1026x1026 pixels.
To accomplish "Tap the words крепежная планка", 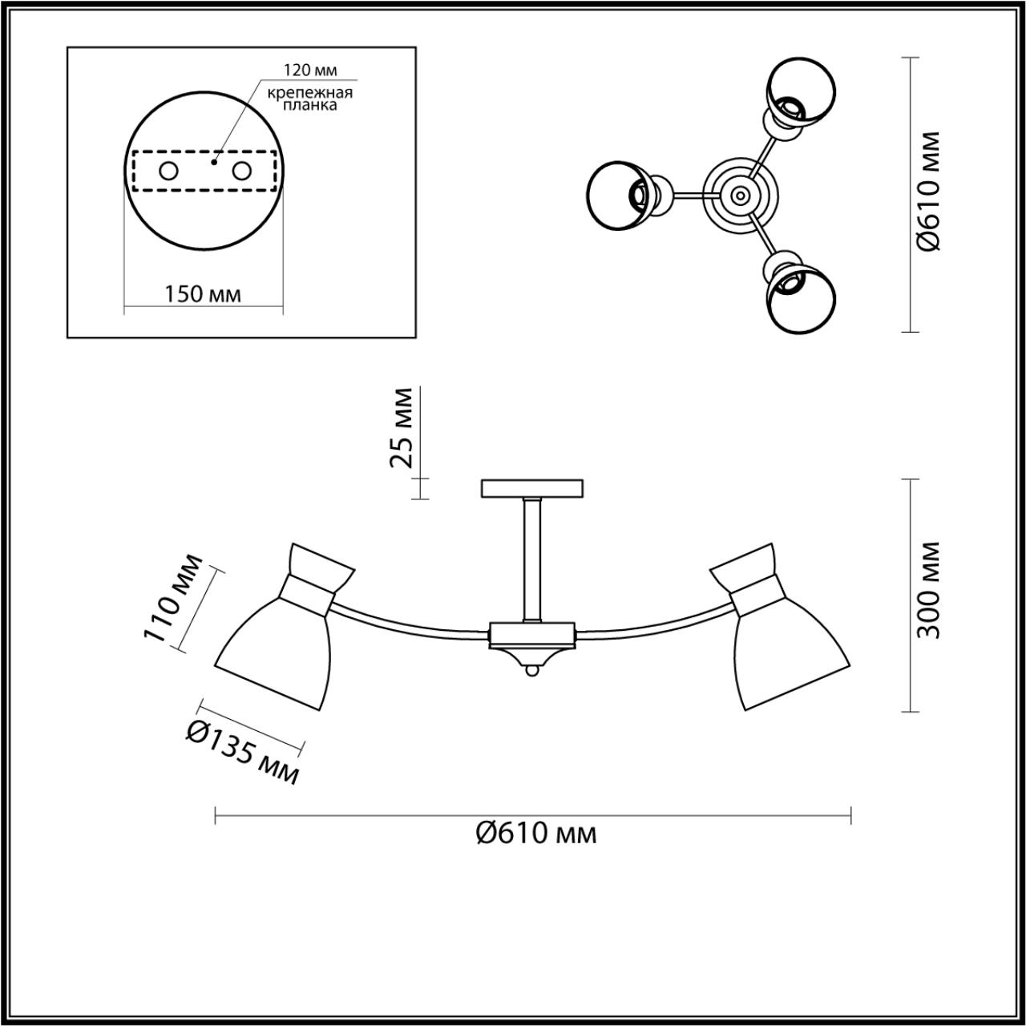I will point(310,99).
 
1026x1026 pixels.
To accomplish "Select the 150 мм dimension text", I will point(203,293).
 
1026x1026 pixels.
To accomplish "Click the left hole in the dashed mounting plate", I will point(169,171).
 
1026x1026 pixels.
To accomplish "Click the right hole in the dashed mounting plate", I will point(241,171).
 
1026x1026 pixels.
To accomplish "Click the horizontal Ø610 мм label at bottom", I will point(535,834).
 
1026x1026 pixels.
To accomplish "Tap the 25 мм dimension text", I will point(401,427).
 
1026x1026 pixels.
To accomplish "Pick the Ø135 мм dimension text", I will point(242,751).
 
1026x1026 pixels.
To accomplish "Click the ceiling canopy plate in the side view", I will point(533,488).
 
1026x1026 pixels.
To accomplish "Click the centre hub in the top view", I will point(737,194).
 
